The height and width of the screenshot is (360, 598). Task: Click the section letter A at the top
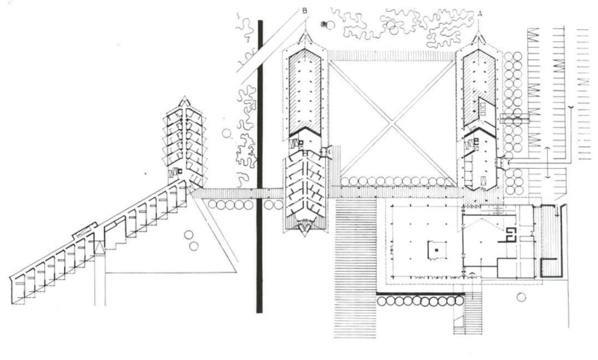479,13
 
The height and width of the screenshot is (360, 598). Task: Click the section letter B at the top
303,10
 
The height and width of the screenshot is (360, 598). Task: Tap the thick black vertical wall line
259,164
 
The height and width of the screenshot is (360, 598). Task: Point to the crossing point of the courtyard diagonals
393,118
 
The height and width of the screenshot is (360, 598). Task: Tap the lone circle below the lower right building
522,297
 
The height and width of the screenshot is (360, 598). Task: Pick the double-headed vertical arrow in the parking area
547,163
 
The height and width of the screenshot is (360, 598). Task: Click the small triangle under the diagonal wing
99,248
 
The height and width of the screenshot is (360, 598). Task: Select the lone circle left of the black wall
226,134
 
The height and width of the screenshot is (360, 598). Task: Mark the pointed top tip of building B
304,35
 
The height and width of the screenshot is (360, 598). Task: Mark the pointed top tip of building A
479,35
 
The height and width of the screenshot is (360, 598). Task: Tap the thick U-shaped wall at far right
551,239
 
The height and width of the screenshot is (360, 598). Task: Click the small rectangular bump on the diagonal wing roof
84,229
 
